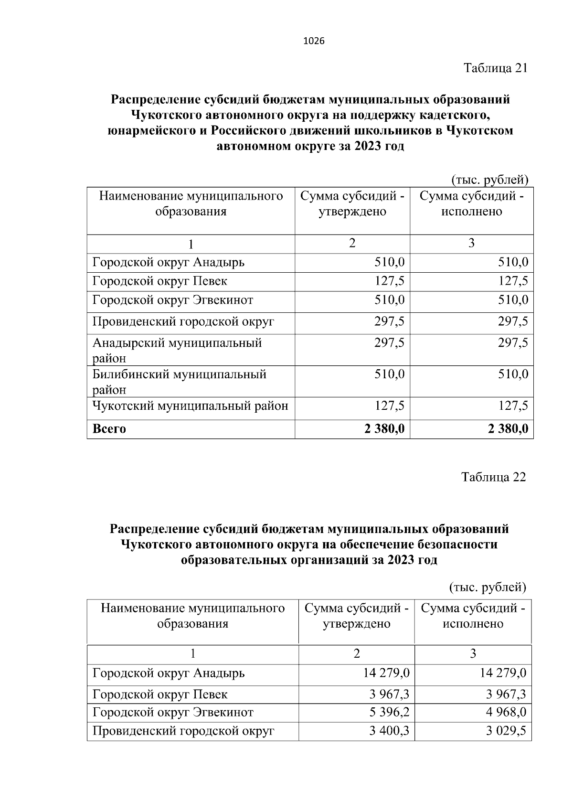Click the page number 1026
tap(314, 41)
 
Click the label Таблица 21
tap(496, 68)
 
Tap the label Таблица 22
tap(494, 477)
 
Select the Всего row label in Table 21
tap(109, 429)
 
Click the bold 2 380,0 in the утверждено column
tap(384, 429)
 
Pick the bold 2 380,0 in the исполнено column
tap(508, 429)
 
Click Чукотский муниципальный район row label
tap(190, 406)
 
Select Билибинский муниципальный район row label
tap(179, 381)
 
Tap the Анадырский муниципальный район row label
tap(177, 350)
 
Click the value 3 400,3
tap(389, 731)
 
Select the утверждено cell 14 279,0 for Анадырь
tap(386, 673)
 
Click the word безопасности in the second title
tap(457, 544)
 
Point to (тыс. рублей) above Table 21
tap(489, 180)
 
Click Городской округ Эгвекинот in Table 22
tap(173, 712)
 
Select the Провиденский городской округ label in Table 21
tap(183, 321)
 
